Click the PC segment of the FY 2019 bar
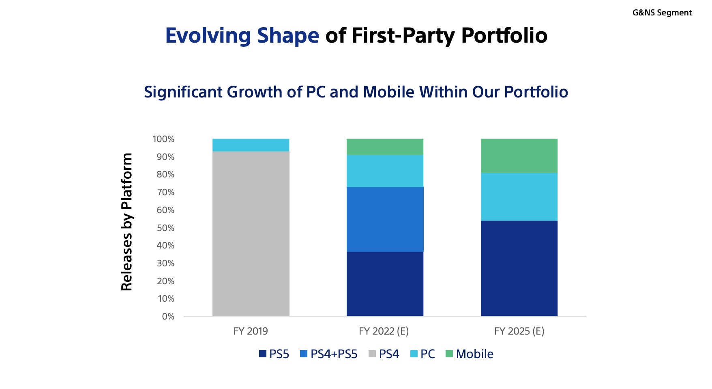coord(251,145)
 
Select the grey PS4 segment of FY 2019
coord(251,233)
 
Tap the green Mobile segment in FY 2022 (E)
coord(385,147)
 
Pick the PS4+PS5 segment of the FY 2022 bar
coord(385,219)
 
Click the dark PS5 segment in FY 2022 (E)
coord(385,284)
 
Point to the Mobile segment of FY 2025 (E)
coord(519,156)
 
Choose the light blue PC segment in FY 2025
coord(519,197)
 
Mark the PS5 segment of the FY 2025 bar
coord(519,268)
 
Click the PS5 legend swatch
coord(263,354)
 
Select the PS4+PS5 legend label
coord(334,354)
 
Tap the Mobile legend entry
coord(474,354)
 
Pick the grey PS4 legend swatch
coord(372,354)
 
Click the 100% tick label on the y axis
coord(163,139)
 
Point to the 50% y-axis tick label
coord(165,228)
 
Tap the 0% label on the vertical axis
coord(168,317)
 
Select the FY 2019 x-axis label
coord(251,331)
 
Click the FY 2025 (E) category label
coord(519,331)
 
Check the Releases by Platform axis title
coord(127,222)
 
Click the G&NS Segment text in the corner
coord(662,13)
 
